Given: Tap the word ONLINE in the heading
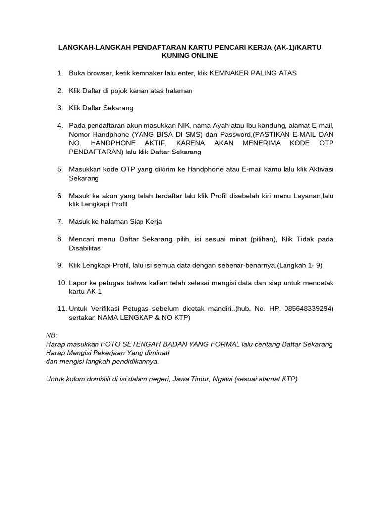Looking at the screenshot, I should click(204, 56).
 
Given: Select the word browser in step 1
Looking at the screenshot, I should click(99, 73).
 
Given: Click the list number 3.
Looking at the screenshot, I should click(60, 108).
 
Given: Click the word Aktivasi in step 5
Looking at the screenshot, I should click(321, 169).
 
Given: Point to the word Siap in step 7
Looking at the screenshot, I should click(139, 221).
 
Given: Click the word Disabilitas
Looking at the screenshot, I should click(85, 248).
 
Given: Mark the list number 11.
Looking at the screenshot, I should click(61, 309).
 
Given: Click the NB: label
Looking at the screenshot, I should click(51, 335).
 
